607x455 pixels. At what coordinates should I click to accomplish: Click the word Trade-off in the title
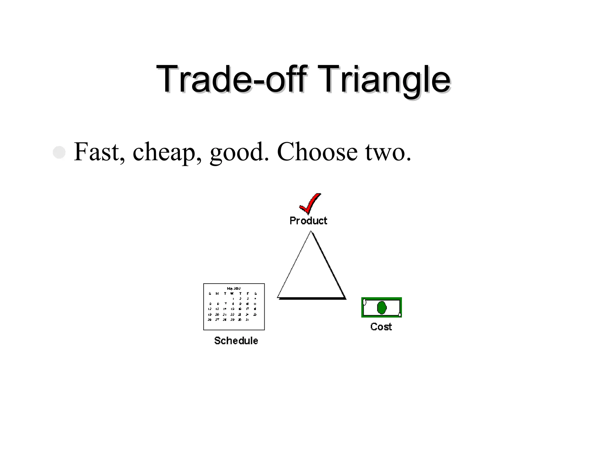click(231, 79)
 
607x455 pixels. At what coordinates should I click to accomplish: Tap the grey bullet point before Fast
click(59, 152)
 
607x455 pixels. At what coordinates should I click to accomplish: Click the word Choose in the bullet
click(317, 152)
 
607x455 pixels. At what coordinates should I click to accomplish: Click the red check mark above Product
click(310, 203)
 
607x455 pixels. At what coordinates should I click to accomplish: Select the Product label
click(308, 221)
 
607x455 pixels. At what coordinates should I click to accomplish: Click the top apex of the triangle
click(311, 232)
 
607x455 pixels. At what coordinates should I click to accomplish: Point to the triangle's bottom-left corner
click(278, 297)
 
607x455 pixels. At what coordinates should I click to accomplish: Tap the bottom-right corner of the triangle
click(345, 298)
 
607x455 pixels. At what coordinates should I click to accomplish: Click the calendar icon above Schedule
click(234, 306)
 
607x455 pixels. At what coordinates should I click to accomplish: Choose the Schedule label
click(236, 341)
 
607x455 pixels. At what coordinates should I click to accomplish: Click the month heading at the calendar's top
click(234, 288)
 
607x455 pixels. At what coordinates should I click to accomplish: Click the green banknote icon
click(381, 307)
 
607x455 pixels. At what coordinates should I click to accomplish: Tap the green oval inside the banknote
click(381, 308)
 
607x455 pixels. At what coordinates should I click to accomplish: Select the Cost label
click(381, 327)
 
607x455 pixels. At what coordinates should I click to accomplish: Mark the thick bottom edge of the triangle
click(312, 298)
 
